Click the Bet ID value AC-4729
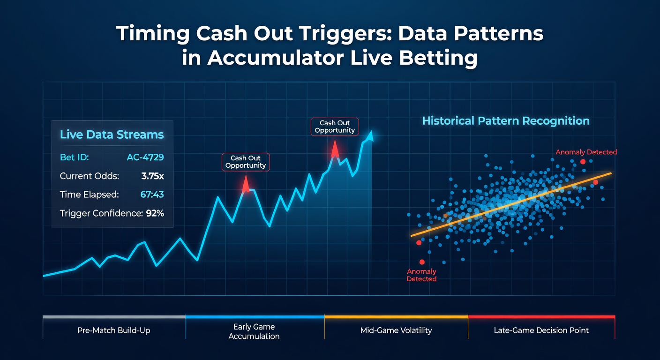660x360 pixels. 145,157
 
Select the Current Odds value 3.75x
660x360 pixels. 152,176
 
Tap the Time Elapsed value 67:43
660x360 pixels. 152,195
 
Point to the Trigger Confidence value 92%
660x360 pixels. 155,213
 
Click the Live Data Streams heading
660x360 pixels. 112,135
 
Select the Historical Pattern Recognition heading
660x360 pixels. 506,121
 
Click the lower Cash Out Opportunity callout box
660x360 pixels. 246,162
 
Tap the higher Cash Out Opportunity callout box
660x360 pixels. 335,127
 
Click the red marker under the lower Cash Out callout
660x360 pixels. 246,184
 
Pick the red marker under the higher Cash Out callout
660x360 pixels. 335,150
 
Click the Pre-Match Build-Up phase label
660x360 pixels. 114,330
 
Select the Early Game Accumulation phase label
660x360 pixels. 254,331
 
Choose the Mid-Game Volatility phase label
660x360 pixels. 396,330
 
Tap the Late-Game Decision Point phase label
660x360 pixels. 541,330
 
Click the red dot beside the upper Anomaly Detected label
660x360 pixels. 583,162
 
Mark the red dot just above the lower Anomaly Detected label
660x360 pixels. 422,262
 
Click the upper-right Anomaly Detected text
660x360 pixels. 586,152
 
